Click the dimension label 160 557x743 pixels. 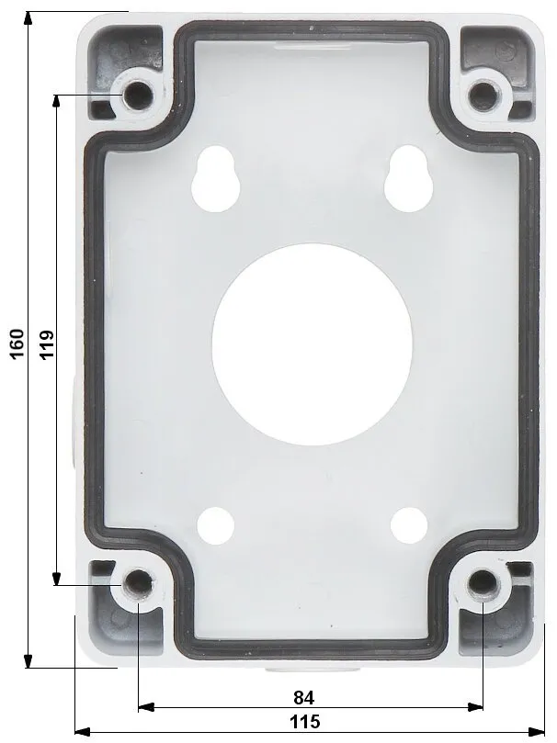[x=17, y=343]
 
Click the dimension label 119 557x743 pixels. [x=47, y=345]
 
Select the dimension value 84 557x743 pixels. [x=304, y=697]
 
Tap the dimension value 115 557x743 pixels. [x=305, y=722]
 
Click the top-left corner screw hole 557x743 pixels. [x=138, y=96]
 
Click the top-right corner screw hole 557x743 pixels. [x=483, y=96]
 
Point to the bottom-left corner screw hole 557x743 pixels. [x=138, y=583]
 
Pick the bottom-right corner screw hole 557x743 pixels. [x=483, y=584]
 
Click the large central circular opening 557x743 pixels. [x=312, y=345]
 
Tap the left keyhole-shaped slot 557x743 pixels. [x=215, y=178]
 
